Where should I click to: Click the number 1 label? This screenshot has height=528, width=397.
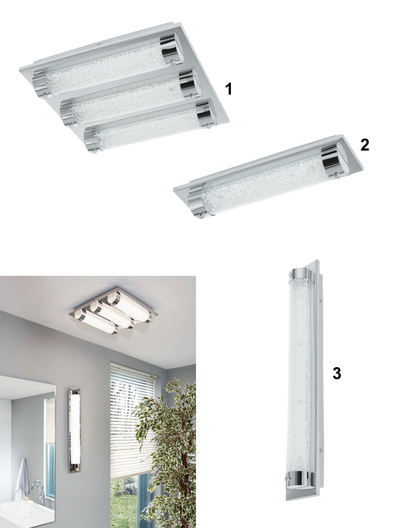coord(229,89)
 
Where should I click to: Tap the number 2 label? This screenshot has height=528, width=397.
coord(365,145)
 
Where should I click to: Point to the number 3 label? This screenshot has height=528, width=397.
coord(337,373)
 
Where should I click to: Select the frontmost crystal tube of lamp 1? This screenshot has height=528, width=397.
coord(147,127)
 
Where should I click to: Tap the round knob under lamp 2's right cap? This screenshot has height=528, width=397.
coord(338,174)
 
